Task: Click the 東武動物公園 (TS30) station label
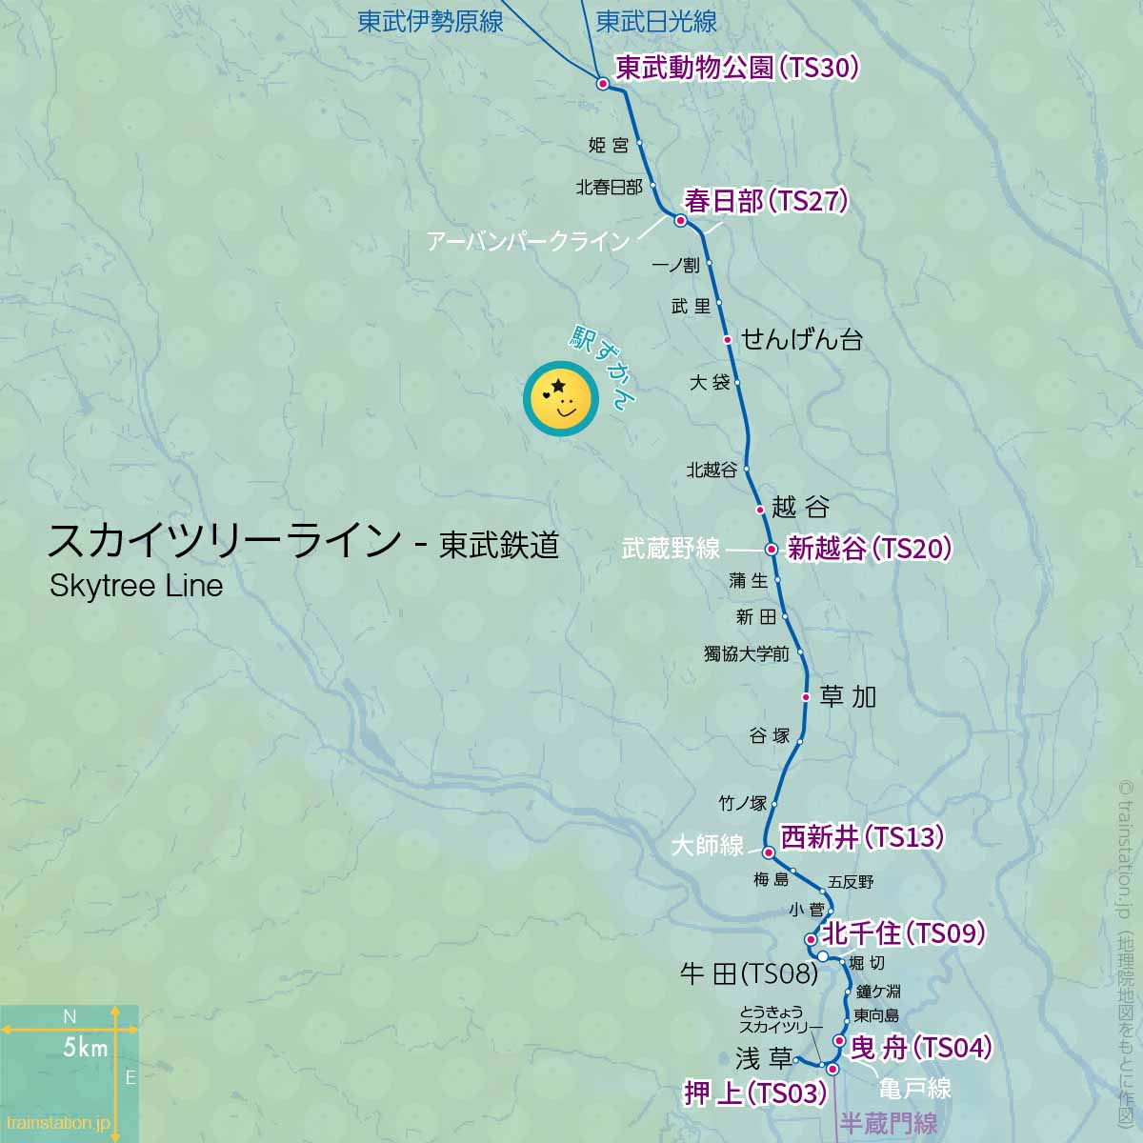click(737, 68)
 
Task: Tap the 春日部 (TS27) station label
click(766, 201)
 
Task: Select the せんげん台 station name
click(801, 338)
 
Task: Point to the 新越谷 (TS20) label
click(870, 549)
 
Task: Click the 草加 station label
click(847, 696)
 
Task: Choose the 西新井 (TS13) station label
click(862, 837)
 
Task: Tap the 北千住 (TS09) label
click(903, 932)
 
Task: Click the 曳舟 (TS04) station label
click(921, 1048)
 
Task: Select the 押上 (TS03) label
click(755, 1093)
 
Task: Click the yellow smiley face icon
click(560, 398)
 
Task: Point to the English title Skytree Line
click(136, 585)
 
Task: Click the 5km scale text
click(85, 1048)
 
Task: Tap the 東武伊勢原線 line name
click(430, 21)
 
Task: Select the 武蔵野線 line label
click(671, 549)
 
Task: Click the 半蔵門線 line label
click(888, 1124)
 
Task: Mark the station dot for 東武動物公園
click(602, 83)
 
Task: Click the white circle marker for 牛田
click(822, 955)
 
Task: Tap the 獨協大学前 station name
click(746, 653)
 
